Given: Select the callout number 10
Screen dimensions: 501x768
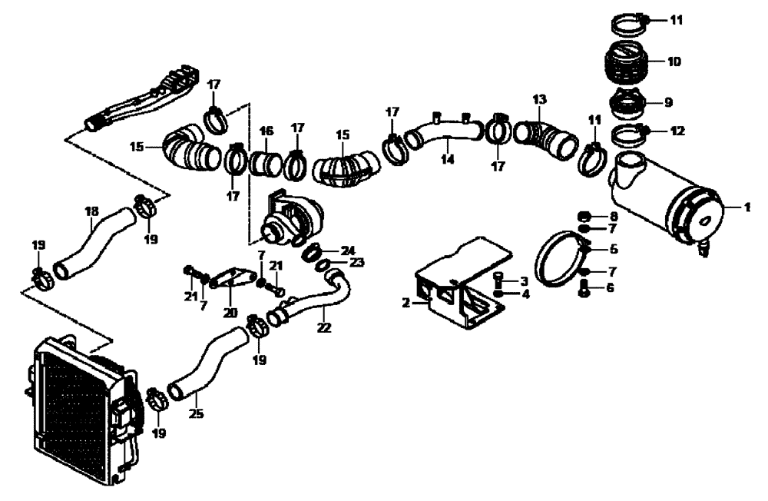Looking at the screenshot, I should click(674, 61).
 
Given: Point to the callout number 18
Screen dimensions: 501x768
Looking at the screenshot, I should click(91, 210).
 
